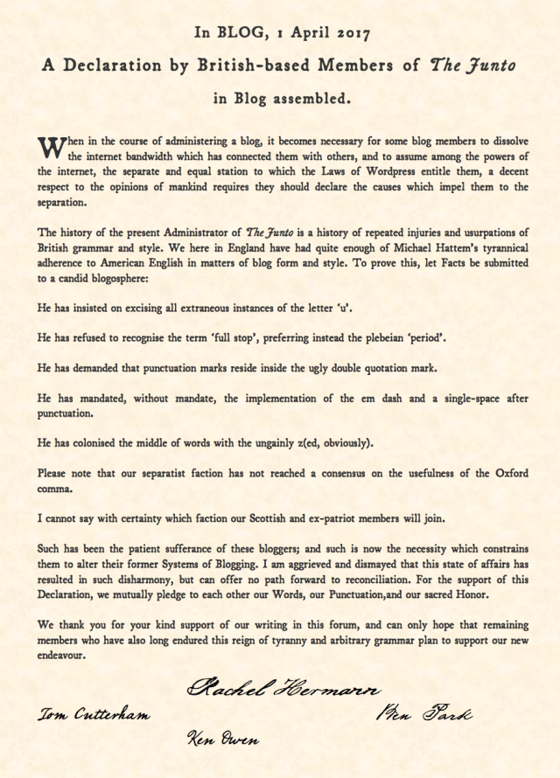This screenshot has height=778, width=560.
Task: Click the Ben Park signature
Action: click(x=423, y=715)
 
